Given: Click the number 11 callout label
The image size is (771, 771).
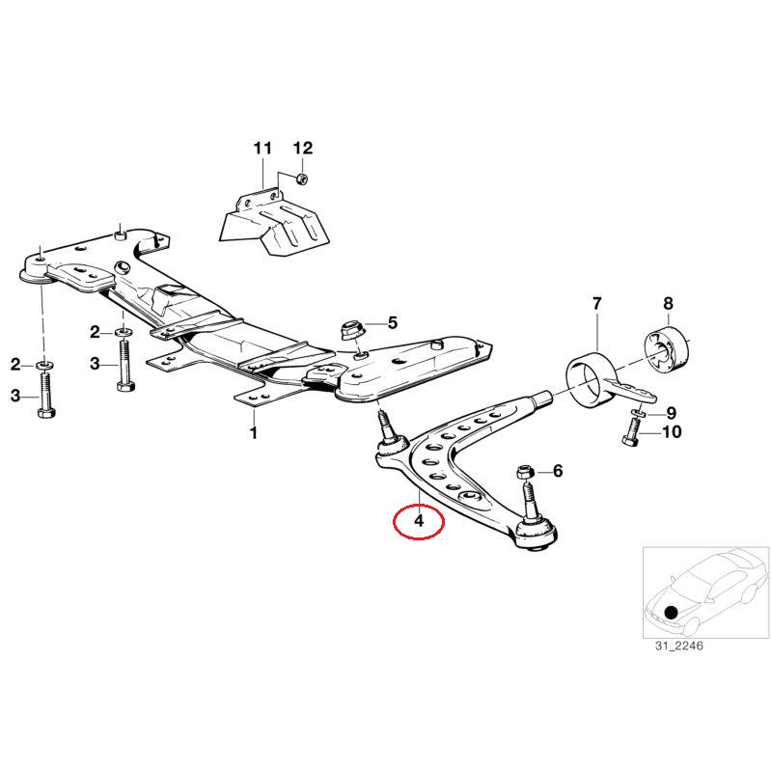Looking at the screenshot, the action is click(x=263, y=148).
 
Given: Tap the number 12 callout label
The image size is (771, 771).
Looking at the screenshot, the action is click(x=303, y=148).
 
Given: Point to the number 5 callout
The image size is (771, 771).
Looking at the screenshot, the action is click(x=392, y=322).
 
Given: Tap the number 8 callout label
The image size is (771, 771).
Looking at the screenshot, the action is click(x=670, y=412).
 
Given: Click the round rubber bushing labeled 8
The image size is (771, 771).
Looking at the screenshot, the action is click(x=670, y=431).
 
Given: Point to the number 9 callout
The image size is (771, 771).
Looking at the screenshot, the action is click(x=670, y=412).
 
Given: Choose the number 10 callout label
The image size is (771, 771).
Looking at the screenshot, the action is click(x=670, y=431).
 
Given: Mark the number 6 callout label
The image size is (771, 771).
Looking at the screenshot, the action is click(x=557, y=471).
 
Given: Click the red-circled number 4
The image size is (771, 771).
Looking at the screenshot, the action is click(x=418, y=521).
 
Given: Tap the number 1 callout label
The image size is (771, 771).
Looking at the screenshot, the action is click(x=254, y=433).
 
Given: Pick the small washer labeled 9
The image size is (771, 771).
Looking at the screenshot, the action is click(x=637, y=413).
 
